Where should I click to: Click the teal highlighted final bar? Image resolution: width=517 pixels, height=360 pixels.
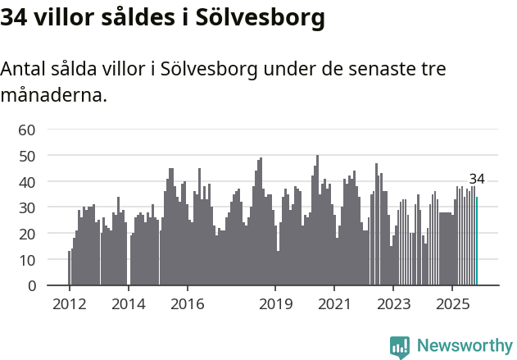coord(477,241)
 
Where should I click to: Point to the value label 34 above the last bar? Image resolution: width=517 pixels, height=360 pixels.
coord(477,180)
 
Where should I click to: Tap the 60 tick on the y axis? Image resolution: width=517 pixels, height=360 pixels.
coord(27,130)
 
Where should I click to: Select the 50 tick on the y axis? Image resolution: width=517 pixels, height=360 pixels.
coord(27,156)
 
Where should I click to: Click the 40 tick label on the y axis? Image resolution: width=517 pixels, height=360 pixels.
coord(27,182)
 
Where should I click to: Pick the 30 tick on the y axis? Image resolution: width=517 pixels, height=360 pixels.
coord(27,208)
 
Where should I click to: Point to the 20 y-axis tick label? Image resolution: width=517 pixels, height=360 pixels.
coord(27,235)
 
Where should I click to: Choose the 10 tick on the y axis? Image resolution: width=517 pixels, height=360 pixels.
coord(27,260)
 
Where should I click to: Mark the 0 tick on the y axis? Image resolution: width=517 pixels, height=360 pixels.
coord(31,286)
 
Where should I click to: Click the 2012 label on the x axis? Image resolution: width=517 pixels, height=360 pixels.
coord(69,305)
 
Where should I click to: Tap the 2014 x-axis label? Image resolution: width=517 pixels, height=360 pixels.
coord(128,305)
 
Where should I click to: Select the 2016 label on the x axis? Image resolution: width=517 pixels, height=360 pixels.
coord(187,305)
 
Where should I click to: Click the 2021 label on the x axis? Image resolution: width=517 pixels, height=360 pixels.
coord(334,305)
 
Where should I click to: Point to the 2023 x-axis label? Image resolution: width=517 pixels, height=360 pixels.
coord(393,305)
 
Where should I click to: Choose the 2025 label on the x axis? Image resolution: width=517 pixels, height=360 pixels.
coord(452,305)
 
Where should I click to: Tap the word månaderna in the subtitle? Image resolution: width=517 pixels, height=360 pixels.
coord(52,95)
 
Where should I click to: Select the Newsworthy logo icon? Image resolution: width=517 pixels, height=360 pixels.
coord(400,347)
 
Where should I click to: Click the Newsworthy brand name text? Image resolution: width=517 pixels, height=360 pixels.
coord(465,346)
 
